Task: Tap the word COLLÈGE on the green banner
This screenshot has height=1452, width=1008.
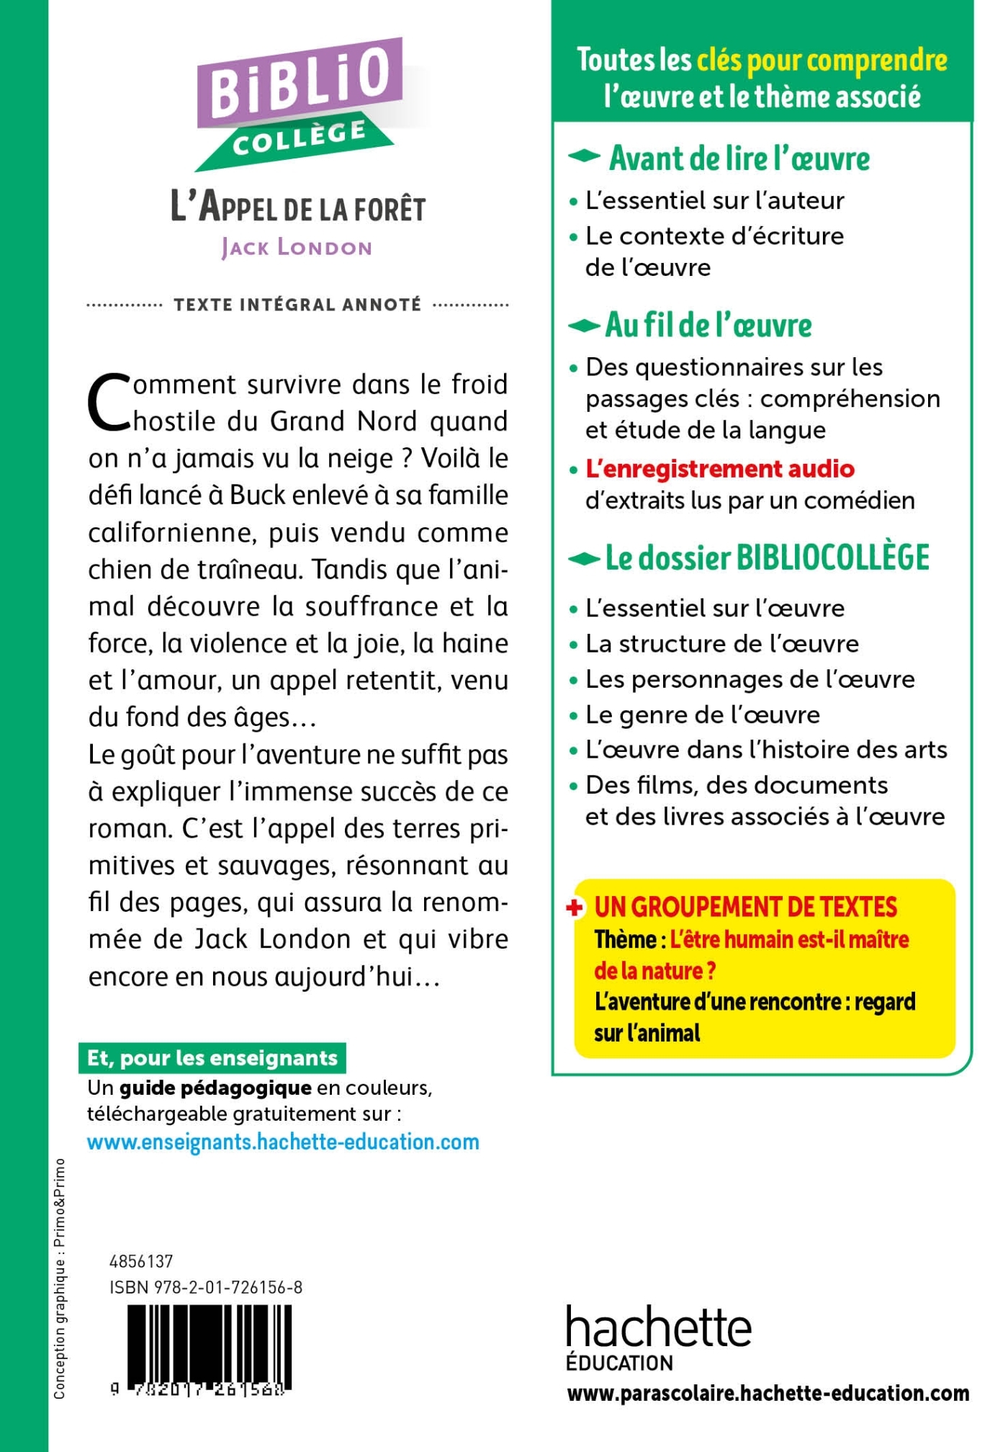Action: (x=300, y=137)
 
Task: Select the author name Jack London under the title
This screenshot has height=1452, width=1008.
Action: (x=297, y=248)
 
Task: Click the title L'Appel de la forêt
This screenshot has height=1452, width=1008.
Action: (x=298, y=207)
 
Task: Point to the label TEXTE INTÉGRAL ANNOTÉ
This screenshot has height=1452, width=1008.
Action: (x=297, y=305)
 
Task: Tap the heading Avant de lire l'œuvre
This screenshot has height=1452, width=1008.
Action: (x=739, y=158)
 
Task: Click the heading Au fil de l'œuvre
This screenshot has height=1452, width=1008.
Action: (x=708, y=326)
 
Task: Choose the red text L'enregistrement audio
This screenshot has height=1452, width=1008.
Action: (x=720, y=469)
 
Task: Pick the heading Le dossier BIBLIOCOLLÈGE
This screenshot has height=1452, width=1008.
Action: (x=767, y=558)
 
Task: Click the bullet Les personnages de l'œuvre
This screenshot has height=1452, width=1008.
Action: (x=750, y=679)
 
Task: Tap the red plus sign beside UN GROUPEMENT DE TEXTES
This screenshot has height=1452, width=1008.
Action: (x=575, y=907)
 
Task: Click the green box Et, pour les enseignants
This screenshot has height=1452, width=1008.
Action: (x=212, y=1058)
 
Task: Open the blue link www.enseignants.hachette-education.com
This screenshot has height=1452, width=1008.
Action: (x=283, y=1142)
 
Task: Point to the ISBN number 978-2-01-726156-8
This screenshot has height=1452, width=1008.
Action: (x=206, y=1287)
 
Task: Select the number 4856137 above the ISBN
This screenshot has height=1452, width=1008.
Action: (x=141, y=1261)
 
